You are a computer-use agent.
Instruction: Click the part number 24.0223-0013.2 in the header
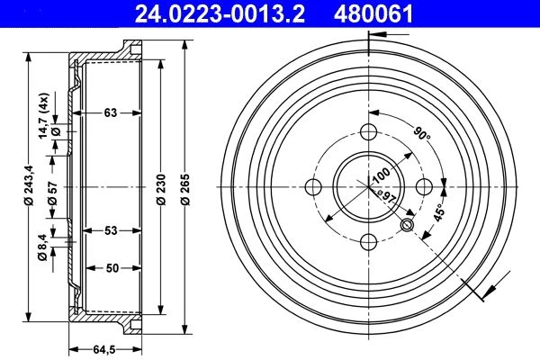[x=220, y=13]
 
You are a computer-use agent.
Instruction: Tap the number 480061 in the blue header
[x=373, y=13]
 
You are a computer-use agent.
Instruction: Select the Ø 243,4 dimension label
[x=30, y=185]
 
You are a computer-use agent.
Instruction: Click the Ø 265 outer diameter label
[x=185, y=190]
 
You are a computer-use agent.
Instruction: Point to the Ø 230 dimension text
[x=161, y=190]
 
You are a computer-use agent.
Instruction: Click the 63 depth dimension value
[x=111, y=112]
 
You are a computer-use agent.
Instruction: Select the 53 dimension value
[x=111, y=230]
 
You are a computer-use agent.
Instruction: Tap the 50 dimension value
[x=112, y=267]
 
